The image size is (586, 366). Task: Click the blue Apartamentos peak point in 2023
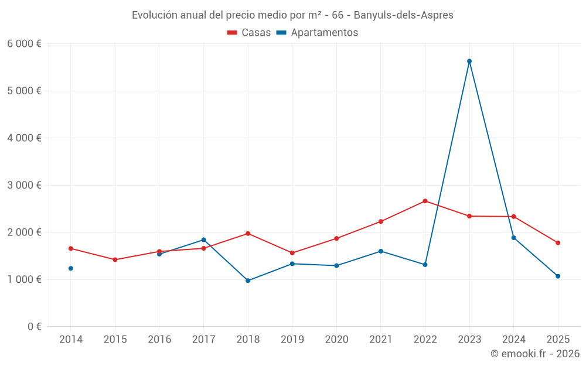469,61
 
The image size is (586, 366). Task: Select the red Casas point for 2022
425,201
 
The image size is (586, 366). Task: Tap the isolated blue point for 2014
71,268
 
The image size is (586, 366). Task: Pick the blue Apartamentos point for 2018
248,281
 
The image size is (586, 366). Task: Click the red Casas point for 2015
115,259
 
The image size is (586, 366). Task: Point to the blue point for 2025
558,276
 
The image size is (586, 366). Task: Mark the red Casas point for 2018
248,234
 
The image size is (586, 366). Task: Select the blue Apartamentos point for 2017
203,240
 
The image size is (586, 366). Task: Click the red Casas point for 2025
558,242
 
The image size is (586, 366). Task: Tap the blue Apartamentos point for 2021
381,251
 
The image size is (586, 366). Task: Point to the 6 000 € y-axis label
24,44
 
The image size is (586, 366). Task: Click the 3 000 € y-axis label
24,185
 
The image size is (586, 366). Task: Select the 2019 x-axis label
292,339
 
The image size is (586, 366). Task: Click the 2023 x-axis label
469,339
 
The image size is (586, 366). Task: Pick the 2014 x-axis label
71,339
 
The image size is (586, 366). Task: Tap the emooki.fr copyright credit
534,354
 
